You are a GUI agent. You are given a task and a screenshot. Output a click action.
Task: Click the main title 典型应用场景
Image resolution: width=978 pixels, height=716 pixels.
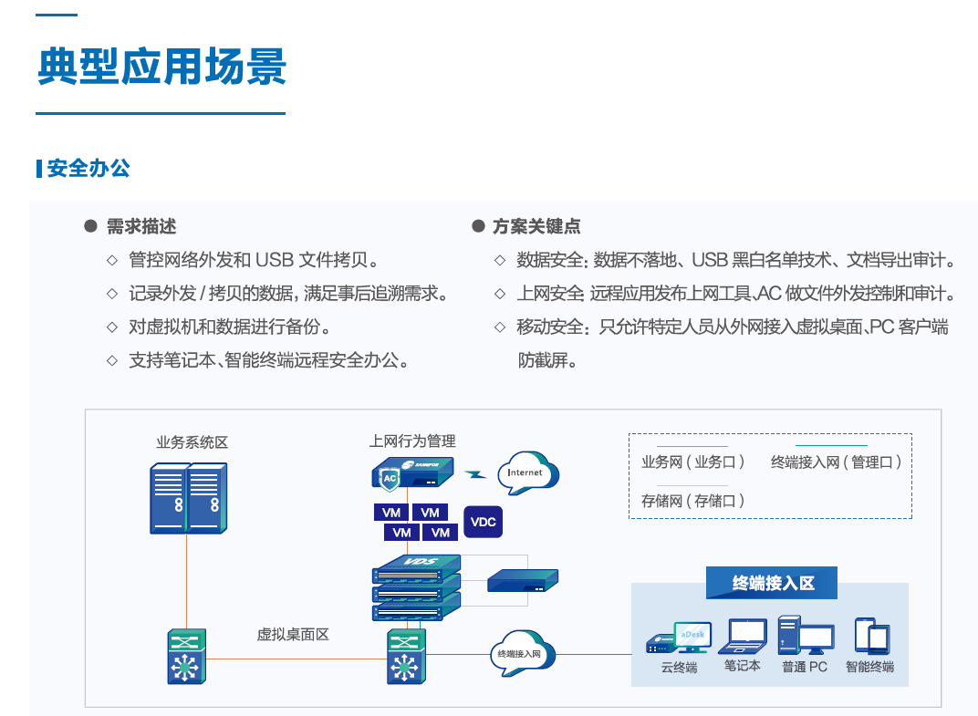click(x=161, y=67)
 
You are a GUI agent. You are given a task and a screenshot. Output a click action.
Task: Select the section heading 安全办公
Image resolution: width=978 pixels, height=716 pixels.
click(x=88, y=169)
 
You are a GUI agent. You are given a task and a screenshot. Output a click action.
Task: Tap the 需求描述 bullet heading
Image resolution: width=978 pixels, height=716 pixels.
click(x=141, y=226)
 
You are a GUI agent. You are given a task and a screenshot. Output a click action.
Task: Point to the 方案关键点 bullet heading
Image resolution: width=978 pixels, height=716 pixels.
click(x=536, y=226)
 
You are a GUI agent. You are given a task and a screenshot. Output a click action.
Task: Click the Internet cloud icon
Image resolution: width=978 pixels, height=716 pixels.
click(x=526, y=472)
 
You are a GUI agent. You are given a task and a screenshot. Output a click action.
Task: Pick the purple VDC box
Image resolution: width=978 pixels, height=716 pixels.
click(x=483, y=522)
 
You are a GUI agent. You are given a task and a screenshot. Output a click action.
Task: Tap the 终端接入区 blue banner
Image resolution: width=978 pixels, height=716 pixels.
click(x=772, y=583)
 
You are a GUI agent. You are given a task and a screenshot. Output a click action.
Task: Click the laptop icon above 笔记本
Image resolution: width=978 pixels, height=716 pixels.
click(x=743, y=637)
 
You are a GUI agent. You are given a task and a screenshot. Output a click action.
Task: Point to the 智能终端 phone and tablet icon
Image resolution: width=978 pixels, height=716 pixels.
click(x=870, y=636)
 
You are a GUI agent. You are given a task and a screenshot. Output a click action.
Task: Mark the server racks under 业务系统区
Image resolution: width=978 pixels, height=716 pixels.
click(x=187, y=497)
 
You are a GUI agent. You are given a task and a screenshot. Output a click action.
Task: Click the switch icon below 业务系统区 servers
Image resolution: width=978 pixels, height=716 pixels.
click(x=187, y=656)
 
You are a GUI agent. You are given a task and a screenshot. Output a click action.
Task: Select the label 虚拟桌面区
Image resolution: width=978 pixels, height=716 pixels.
click(x=292, y=634)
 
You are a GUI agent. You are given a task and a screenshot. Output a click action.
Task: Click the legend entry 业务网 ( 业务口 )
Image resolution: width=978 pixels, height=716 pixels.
click(x=693, y=462)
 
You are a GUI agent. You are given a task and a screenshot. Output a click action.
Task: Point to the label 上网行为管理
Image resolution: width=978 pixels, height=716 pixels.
click(x=412, y=441)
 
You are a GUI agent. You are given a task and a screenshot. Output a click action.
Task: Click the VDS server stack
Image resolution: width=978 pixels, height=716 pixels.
click(x=417, y=586)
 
